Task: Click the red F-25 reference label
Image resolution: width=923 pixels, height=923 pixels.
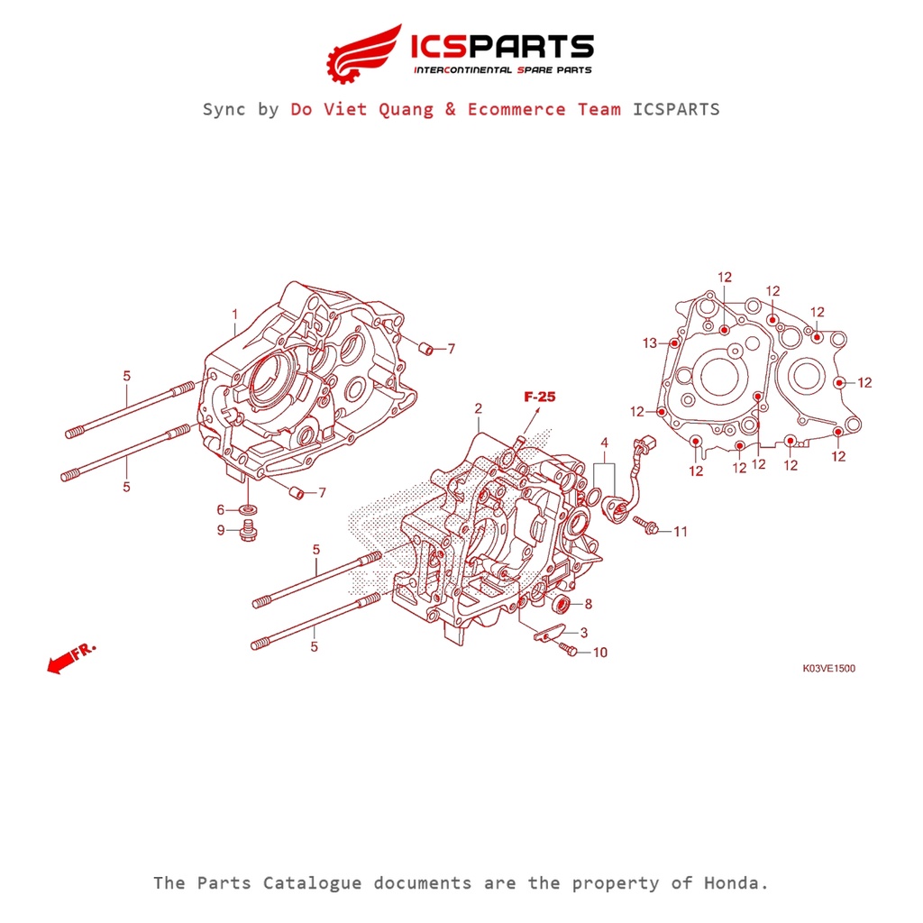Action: coord(540,396)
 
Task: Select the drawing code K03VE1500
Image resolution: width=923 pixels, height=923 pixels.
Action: coord(828,669)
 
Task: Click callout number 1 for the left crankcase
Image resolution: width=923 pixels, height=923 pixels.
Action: coord(234,315)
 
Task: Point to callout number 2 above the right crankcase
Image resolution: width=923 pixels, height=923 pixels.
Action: coord(479,408)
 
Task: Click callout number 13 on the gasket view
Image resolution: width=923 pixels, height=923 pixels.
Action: coord(650,343)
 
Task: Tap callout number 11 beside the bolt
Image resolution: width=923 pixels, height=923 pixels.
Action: coord(680,532)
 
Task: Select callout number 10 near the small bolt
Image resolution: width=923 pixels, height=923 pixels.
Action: coord(600,653)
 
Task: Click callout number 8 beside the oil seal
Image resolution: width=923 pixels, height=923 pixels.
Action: coord(588,604)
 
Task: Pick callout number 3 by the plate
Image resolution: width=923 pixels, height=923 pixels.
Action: coord(583,633)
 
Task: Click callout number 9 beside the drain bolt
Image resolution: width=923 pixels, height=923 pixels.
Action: coord(220,530)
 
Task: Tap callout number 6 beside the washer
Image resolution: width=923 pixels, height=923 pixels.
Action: coord(220,509)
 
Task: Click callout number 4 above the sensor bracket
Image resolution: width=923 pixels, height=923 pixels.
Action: coord(604,443)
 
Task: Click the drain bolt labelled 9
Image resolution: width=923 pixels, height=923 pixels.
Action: coord(247,531)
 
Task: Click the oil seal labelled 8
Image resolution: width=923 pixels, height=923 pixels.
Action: coord(561,603)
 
